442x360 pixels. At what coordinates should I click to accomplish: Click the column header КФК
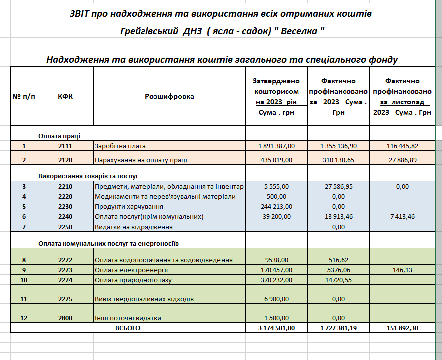click(x=65, y=96)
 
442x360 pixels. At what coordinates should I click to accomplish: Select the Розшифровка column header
click(x=169, y=96)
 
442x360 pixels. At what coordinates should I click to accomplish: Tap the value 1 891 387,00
click(x=276, y=146)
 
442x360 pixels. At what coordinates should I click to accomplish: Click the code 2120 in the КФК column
click(x=65, y=160)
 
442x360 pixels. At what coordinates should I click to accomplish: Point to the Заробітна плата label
click(x=120, y=146)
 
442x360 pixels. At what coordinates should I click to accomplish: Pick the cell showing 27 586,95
click(x=338, y=186)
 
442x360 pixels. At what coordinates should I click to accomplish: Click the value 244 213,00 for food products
click(x=276, y=206)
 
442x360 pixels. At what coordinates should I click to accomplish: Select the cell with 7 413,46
click(x=402, y=217)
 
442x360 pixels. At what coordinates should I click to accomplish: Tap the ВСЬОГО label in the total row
click(x=128, y=328)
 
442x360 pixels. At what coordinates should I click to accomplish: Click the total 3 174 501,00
click(x=276, y=328)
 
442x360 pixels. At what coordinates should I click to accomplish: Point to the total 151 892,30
click(x=402, y=328)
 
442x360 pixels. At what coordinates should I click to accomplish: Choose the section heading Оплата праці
click(x=59, y=136)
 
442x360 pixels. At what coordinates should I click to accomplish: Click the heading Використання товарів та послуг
click(x=88, y=176)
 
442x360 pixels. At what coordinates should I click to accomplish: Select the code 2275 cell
click(x=65, y=299)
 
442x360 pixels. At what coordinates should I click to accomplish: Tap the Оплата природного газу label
click(x=133, y=280)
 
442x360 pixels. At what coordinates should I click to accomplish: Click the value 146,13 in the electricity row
click(x=402, y=270)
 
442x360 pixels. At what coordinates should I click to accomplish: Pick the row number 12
click(x=24, y=318)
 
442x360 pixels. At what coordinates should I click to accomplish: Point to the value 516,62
click(x=338, y=260)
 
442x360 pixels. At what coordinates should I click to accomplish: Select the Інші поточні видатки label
click(x=128, y=318)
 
